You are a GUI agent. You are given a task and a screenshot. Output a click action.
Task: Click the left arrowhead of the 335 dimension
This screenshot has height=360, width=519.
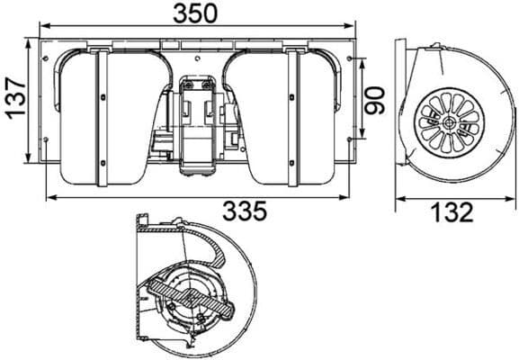[49, 196]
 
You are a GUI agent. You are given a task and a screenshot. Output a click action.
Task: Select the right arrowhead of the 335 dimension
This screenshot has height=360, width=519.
[343, 196]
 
